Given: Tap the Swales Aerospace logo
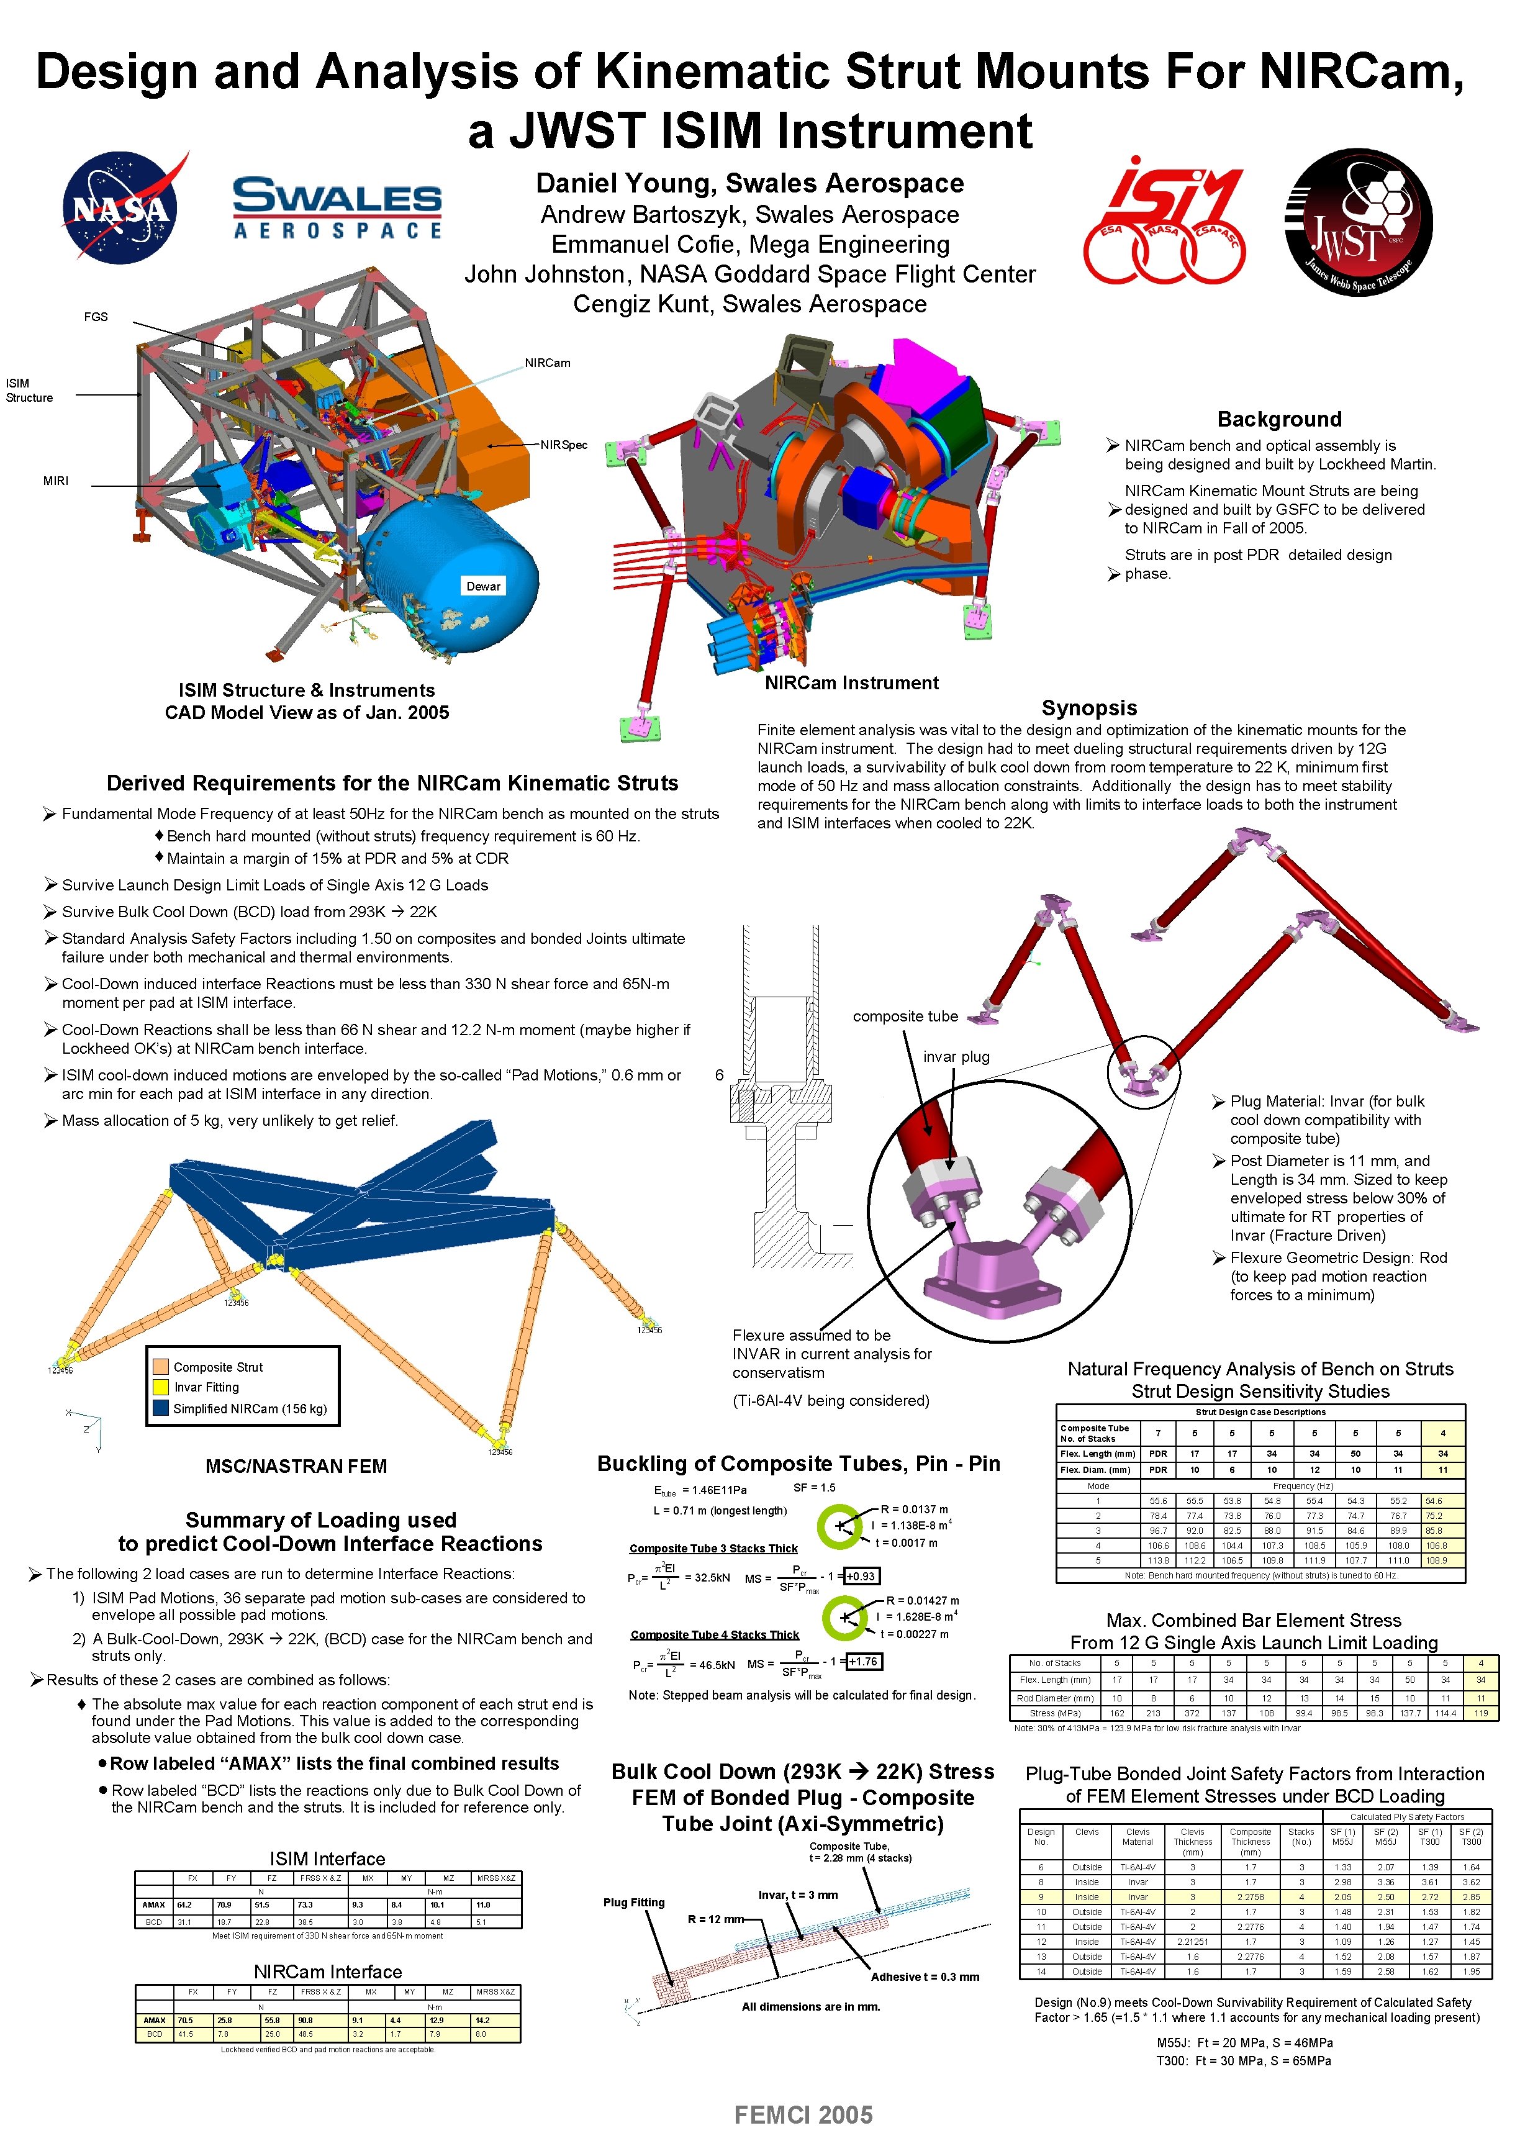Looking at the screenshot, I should [337, 208].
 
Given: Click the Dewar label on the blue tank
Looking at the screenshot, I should [483, 586].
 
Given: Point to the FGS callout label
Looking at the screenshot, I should [96, 316].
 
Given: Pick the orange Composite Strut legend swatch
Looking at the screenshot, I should [160, 1367].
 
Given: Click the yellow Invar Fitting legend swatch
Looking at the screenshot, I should [160, 1387].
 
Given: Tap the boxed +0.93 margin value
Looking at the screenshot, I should [860, 1576].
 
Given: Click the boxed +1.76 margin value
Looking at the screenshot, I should [863, 1661].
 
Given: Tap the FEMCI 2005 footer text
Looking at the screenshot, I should [803, 2114].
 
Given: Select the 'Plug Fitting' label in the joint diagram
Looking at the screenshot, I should [634, 1902].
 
